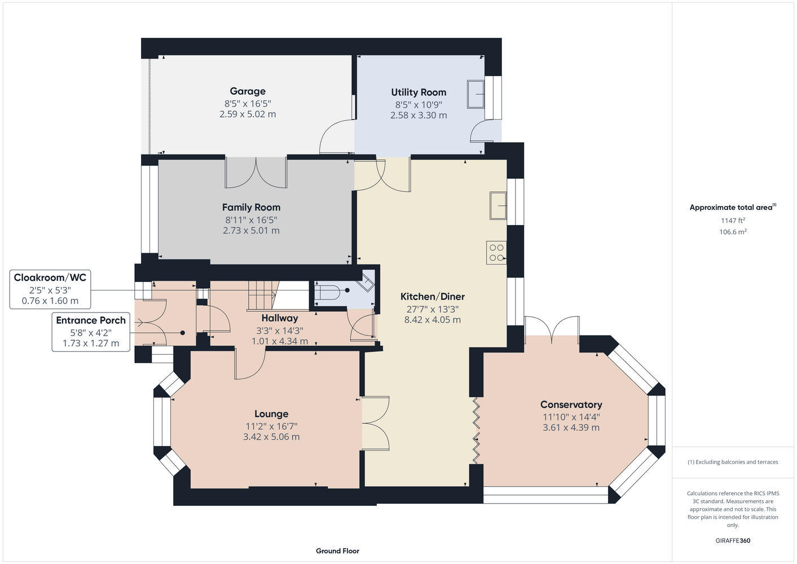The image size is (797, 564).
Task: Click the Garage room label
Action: click(248, 91)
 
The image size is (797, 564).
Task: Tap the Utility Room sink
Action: click(475, 94)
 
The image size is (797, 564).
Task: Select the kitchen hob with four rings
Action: click(496, 253)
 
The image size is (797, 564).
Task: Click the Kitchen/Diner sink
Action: click(498, 206)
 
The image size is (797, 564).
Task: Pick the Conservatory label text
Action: click(571, 404)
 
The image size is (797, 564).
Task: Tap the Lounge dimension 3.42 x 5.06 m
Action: click(271, 437)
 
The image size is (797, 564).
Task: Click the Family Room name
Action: click(251, 207)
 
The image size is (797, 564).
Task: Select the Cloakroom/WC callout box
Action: click(50, 289)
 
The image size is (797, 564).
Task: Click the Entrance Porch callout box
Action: click(91, 332)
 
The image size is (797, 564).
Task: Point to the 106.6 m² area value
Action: click(733, 232)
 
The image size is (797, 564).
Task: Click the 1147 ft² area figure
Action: click(733, 221)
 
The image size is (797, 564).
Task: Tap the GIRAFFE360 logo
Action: click(733, 540)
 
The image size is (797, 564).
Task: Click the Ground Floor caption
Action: click(338, 551)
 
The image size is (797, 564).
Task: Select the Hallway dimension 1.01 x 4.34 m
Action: click(280, 341)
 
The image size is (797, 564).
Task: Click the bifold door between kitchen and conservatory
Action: click(476, 430)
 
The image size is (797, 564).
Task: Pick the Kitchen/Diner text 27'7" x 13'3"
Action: click(433, 309)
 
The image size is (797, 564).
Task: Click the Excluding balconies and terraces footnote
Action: click(733, 462)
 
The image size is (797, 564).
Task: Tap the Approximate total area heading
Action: click(733, 208)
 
